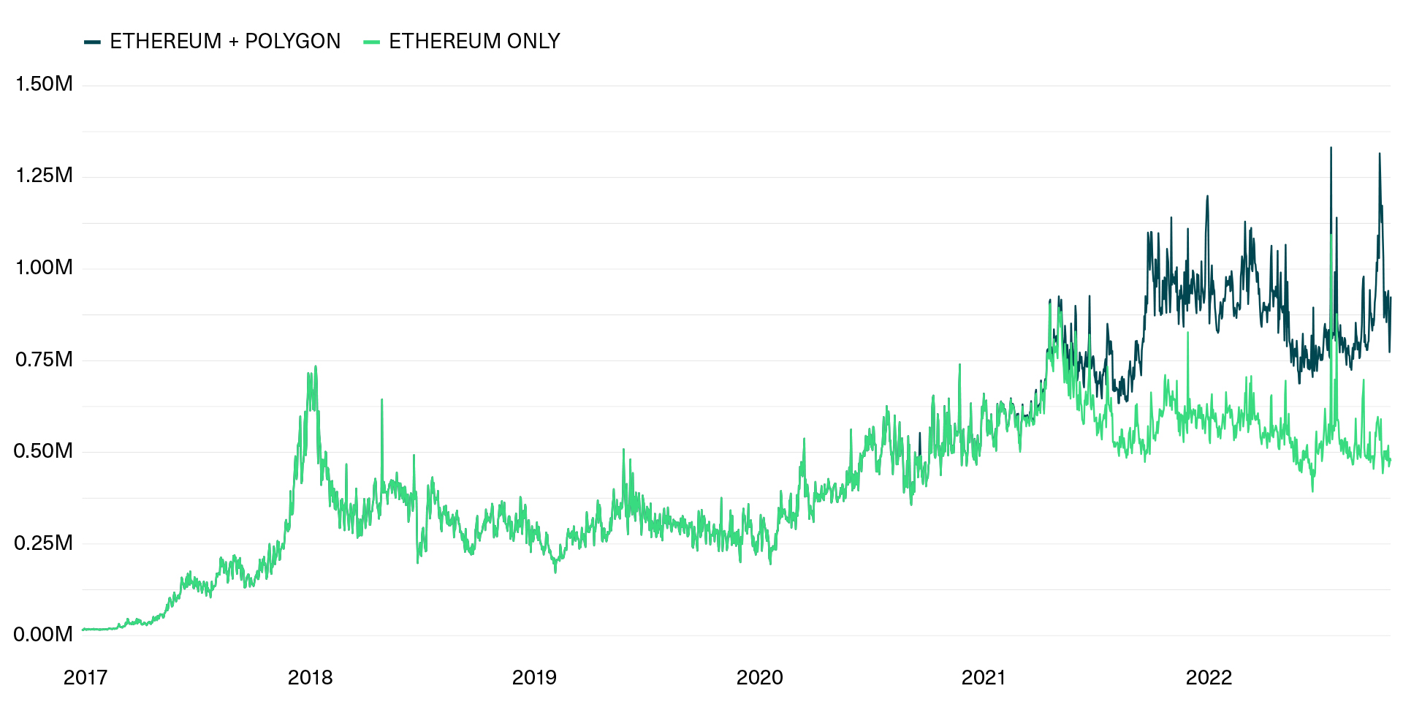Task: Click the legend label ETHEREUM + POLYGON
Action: click(225, 41)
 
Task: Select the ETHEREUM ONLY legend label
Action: click(474, 41)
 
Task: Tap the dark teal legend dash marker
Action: click(92, 42)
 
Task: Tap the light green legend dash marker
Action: click(371, 42)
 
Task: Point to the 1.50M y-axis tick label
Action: click(44, 84)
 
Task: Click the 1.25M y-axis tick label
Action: click(44, 175)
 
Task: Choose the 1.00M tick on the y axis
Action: click(44, 268)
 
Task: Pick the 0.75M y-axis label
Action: click(44, 359)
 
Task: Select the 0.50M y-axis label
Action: click(44, 451)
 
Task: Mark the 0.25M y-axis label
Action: click(44, 543)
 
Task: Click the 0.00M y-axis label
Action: click(44, 634)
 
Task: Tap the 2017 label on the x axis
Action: click(85, 678)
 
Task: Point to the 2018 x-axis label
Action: click(310, 678)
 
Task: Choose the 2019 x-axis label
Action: click(534, 678)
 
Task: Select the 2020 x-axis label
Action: click(759, 678)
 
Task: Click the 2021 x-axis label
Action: click(984, 678)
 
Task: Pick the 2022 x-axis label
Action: click(1209, 678)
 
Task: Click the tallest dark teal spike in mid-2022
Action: click(1331, 149)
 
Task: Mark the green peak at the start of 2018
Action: click(315, 367)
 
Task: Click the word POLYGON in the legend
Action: click(292, 41)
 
